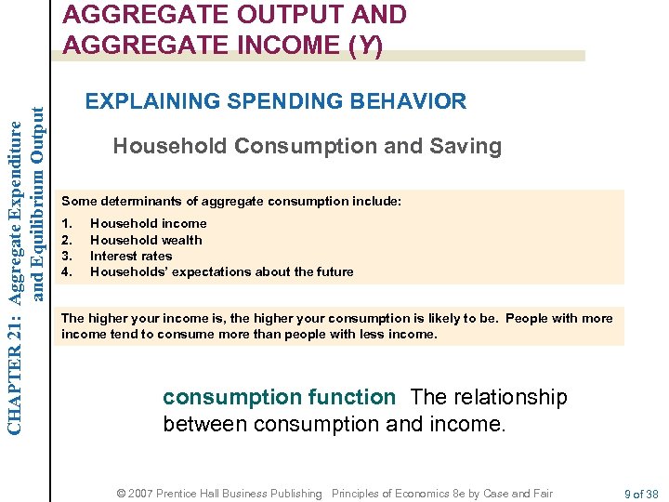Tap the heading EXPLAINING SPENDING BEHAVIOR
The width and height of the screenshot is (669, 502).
coord(276,100)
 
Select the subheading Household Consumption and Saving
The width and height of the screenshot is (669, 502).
coord(307,146)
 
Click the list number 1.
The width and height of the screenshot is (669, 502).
coord(65,223)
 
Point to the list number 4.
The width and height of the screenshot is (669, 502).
coord(65,271)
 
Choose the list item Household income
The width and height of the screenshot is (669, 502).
coord(148,223)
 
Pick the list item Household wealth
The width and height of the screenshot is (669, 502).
coord(146,240)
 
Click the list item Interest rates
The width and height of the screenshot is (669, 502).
coord(131,256)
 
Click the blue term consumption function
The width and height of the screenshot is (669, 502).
coord(279,398)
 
